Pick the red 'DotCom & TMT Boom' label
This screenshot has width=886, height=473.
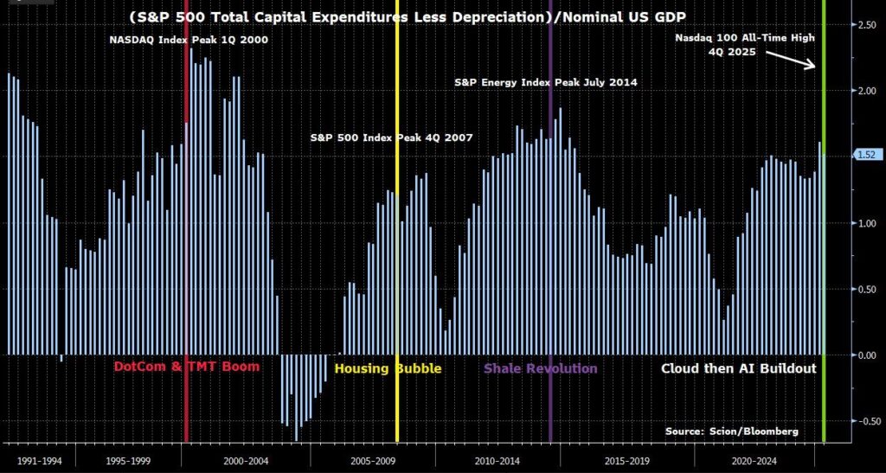point(197,368)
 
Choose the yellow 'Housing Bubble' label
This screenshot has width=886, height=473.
point(388,368)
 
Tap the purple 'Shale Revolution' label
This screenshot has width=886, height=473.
point(540,368)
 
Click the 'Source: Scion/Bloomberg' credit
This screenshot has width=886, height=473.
point(732,431)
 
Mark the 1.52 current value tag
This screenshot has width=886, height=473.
point(866,155)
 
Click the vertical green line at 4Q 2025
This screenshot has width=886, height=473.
point(823,259)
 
